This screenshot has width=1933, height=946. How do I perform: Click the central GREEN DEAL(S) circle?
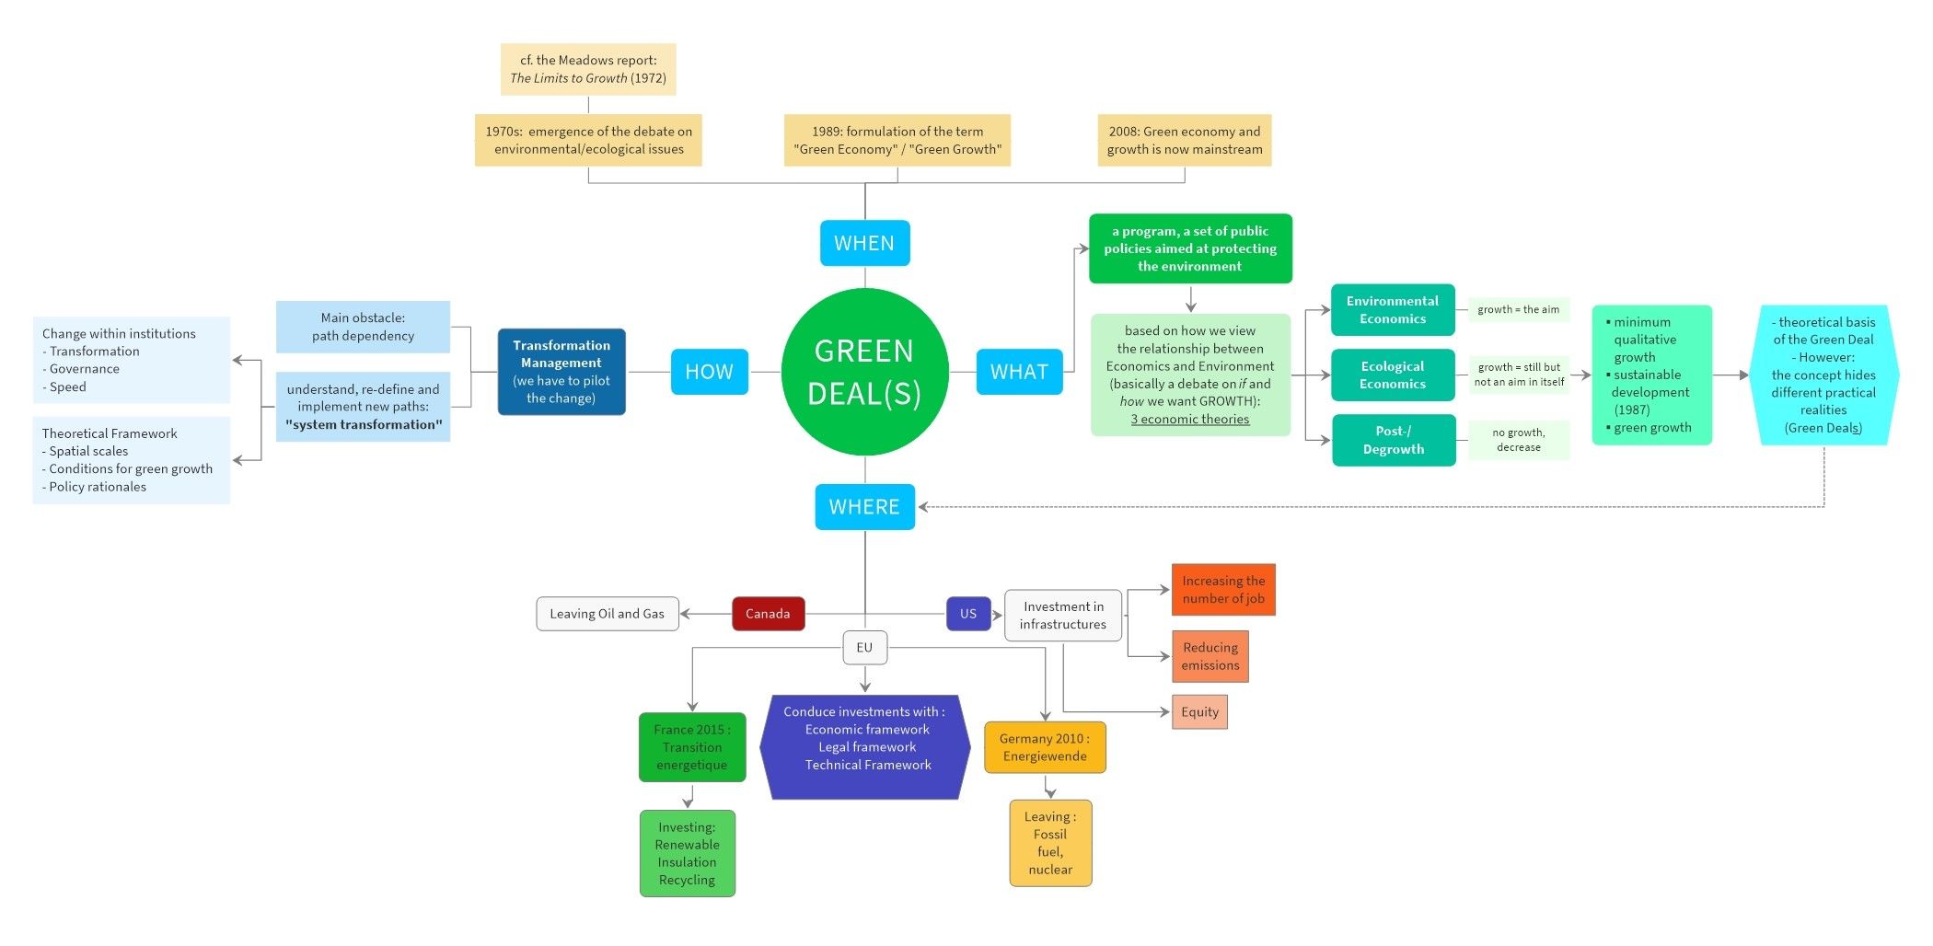point(864,372)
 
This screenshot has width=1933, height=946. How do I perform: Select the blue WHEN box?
point(864,243)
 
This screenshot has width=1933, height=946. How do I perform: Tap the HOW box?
point(709,372)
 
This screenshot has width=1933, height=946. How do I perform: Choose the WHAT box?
point(1019,372)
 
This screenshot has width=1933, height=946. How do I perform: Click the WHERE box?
point(864,507)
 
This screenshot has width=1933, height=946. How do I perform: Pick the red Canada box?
point(768,614)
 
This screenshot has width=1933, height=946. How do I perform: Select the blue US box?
point(967,614)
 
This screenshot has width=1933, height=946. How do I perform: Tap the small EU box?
point(864,648)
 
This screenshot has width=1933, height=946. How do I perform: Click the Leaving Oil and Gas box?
point(607,614)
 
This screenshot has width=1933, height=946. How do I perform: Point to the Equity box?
point(1199,711)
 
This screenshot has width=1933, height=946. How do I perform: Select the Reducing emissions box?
point(1210,656)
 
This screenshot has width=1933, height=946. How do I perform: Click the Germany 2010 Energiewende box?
point(1044,747)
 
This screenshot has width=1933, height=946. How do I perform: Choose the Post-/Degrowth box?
point(1393,440)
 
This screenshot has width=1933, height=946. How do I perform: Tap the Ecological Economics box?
point(1392,375)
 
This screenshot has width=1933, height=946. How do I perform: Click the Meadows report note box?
point(588,69)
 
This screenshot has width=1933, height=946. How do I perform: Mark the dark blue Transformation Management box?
point(561,372)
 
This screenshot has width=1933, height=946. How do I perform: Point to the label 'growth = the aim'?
point(1518,309)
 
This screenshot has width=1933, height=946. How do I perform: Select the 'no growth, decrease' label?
point(1518,440)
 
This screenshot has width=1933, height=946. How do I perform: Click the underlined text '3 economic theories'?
point(1189,420)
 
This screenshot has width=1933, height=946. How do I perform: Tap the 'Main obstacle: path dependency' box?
point(363,327)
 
